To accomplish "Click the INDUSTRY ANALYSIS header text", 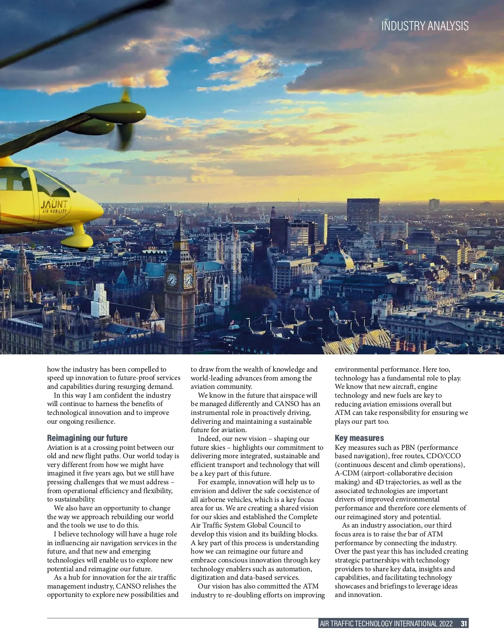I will pos(425,26).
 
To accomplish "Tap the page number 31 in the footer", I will pos(464,623).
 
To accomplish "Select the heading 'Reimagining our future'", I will pos(87,438).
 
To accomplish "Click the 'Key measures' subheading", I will pos(359,438).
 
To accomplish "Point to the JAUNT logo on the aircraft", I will pos(54,206).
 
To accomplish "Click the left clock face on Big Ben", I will pos(171,279).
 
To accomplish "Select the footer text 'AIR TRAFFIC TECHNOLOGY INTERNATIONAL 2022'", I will pos(386,623).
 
